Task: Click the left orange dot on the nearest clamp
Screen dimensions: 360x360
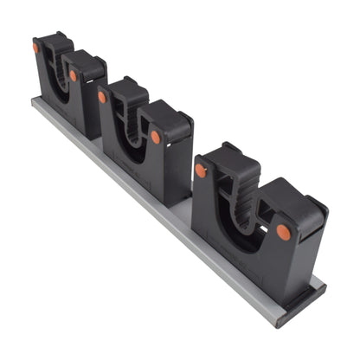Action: (201, 170)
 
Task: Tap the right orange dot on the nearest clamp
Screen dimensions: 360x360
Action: (283, 231)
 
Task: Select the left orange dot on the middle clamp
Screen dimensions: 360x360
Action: (102, 97)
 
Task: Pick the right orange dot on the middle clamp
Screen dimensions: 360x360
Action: (156, 137)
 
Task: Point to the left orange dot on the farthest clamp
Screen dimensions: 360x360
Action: (36, 48)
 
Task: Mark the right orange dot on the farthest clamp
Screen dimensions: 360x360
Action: (74, 75)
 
